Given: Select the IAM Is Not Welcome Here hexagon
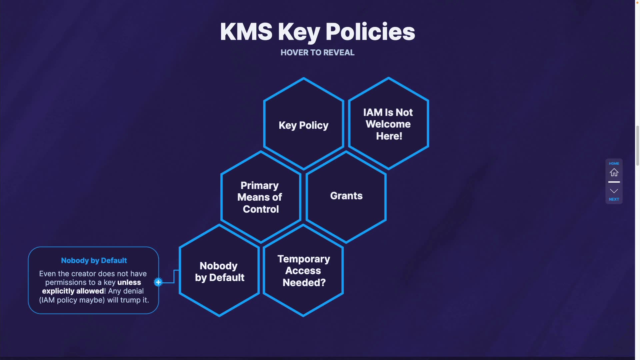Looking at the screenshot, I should (x=388, y=124).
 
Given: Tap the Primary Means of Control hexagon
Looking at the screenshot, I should (x=261, y=197).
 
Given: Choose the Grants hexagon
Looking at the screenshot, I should (x=346, y=196).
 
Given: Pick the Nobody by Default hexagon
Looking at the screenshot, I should (x=219, y=271).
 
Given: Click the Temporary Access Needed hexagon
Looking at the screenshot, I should (x=303, y=271).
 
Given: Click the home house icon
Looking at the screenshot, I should (x=614, y=173).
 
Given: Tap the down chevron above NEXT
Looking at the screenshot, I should (x=614, y=191).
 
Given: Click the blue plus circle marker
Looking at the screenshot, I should (x=158, y=282).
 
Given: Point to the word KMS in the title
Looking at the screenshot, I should (x=246, y=32).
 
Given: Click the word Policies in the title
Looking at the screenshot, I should (x=370, y=32).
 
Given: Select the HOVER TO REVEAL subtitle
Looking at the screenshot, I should (x=317, y=53).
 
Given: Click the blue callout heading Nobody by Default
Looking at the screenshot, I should (x=94, y=260).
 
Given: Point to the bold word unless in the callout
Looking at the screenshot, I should (x=129, y=282).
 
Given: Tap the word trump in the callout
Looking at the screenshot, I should (x=130, y=300).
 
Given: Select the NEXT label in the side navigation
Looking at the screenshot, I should (x=614, y=199).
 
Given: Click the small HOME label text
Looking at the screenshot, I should (x=614, y=163).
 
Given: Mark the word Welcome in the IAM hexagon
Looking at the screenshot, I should (x=388, y=124).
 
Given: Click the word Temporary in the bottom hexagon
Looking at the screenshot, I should (x=304, y=259).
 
